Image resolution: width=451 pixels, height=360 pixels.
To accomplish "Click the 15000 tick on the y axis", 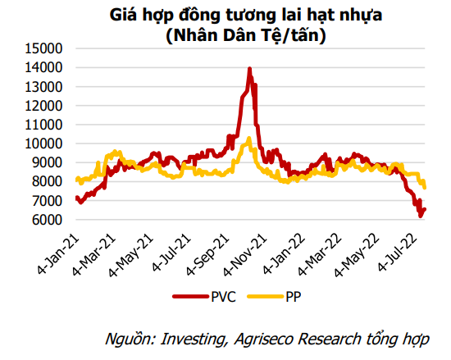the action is click(x=43, y=48).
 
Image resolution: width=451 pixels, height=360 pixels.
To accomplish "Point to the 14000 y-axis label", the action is click(x=43, y=67).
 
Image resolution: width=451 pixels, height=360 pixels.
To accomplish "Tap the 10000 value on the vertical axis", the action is click(x=43, y=144).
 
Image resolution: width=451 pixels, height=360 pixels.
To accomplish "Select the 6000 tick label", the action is click(x=47, y=220).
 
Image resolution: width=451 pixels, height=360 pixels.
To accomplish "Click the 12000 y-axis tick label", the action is click(x=43, y=106).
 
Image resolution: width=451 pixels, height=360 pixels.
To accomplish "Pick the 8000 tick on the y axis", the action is click(x=47, y=182).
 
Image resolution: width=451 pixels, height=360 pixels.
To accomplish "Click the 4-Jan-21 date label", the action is click(x=58, y=255).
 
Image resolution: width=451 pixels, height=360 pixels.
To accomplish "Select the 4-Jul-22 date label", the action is click(x=398, y=254).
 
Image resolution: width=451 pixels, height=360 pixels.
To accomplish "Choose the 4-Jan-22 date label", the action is click(x=285, y=255).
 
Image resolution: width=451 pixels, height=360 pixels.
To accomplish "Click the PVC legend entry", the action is click(x=204, y=297).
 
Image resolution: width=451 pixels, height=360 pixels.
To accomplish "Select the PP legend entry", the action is click(x=274, y=297).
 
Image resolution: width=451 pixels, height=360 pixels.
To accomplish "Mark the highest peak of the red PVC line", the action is click(x=249, y=68).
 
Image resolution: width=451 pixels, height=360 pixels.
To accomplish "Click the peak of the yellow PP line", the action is click(x=249, y=139).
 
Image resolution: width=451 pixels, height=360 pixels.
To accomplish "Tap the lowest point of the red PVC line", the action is click(x=421, y=216).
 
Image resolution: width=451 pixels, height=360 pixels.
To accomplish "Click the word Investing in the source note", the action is click(x=193, y=339).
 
